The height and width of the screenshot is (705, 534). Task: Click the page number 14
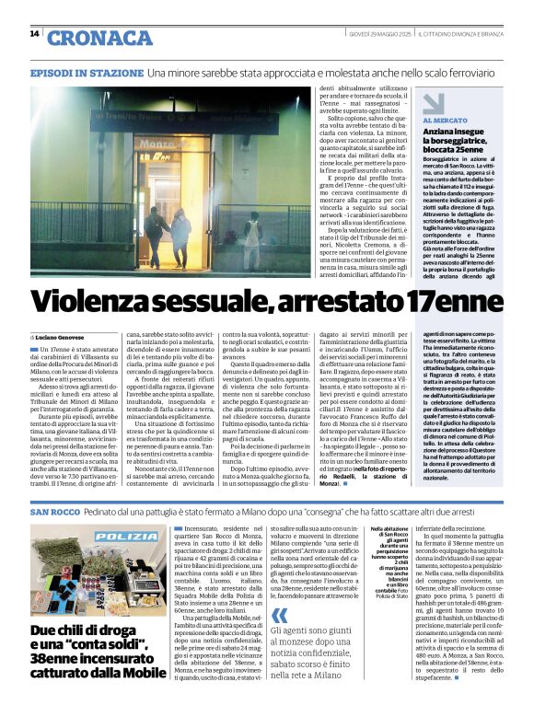point(34,34)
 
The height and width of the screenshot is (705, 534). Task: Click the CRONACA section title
point(99,38)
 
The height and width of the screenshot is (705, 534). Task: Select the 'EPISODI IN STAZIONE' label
point(87,72)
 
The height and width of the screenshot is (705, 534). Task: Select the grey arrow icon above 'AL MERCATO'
point(433,103)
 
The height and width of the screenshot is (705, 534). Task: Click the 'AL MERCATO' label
point(444,121)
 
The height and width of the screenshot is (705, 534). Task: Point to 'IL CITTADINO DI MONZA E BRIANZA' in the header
point(466,34)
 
